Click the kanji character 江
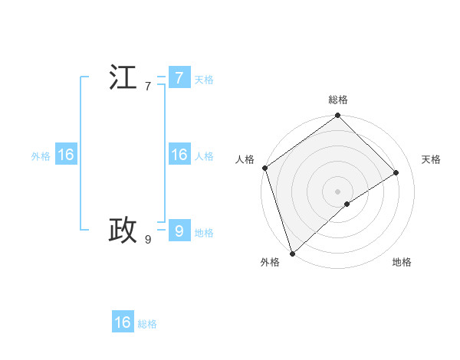pos(123,78)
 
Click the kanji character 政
pos(123,229)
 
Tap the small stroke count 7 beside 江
pos(148,87)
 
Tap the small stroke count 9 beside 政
pos(148,240)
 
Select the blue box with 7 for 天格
pos(179,78)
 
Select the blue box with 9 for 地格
pos(179,230)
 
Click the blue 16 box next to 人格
pos(179,155)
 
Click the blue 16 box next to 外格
pos(66,155)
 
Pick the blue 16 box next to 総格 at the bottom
pos(123,322)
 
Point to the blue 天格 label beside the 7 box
pos(204,80)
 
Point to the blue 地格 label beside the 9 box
pos(204,233)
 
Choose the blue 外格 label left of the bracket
pos(41,156)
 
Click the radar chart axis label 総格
pos(338,100)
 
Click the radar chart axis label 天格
pos(431,159)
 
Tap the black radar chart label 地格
pos(402,262)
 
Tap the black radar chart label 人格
pos(245,159)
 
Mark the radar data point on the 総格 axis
pos(338,116)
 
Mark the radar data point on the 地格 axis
pos(347,204)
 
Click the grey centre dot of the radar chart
pos(338,191)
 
